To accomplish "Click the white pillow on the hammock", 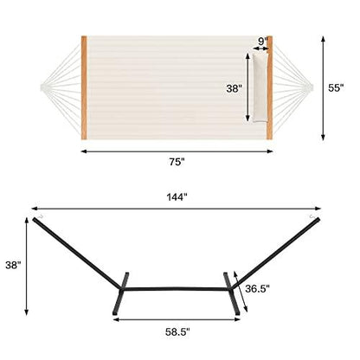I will click(254, 87).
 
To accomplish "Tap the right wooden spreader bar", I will click(270, 87).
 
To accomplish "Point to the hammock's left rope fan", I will click(59, 87).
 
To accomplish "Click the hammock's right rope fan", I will click(297, 87).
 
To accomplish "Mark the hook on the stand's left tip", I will click(38, 217).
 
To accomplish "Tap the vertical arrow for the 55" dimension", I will click(324, 87).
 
